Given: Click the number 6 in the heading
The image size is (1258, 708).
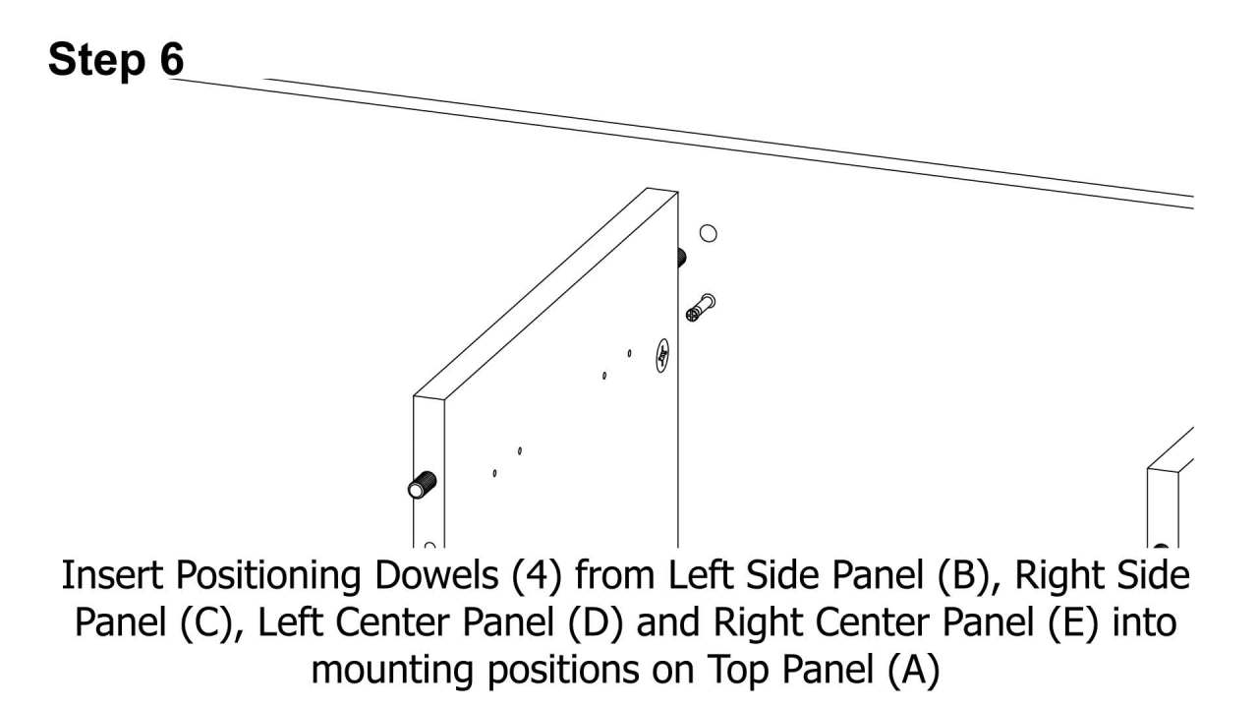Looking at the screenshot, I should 171,61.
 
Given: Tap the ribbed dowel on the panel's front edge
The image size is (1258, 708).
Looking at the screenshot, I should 422,485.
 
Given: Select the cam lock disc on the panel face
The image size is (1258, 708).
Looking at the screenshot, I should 663,356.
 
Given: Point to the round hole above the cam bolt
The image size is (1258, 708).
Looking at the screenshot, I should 708,233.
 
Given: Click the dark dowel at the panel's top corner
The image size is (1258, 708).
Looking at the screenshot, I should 680,258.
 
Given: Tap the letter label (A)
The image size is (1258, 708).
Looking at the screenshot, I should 914,671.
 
